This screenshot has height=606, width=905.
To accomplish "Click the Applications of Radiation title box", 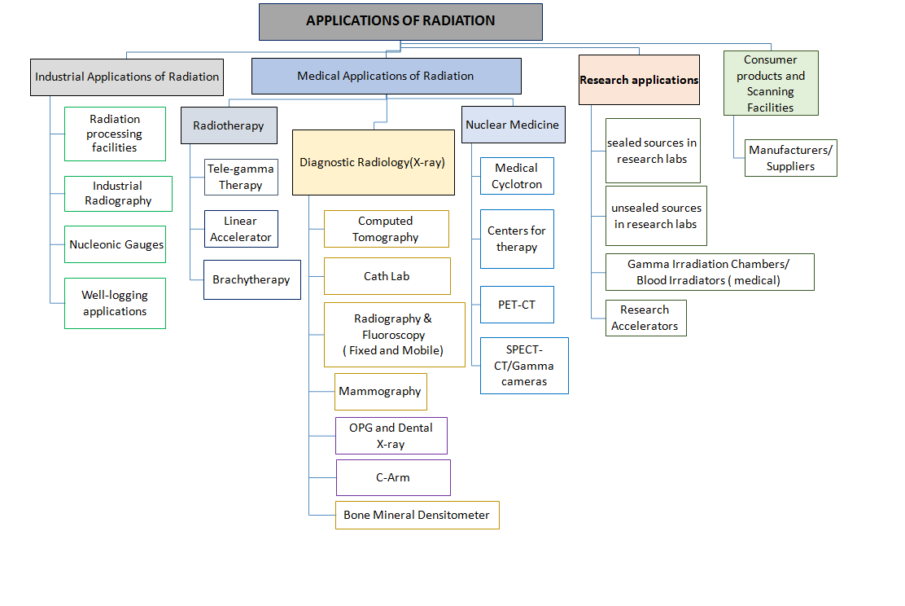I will (x=400, y=22).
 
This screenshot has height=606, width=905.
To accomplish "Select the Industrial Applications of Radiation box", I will (x=127, y=77).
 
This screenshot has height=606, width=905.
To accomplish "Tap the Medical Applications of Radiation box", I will (x=386, y=76).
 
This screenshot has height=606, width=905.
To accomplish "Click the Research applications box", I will (x=639, y=80).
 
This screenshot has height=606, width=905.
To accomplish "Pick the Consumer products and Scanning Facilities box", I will (x=770, y=83).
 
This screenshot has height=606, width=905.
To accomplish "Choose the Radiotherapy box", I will (x=229, y=125).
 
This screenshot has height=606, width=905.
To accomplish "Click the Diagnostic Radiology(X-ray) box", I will (x=373, y=162).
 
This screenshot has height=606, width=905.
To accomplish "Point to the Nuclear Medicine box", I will (x=513, y=125).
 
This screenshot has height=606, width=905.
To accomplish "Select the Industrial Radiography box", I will (x=118, y=194).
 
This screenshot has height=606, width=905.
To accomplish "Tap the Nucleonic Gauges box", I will (x=116, y=244).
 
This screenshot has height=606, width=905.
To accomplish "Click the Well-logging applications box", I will (x=115, y=304).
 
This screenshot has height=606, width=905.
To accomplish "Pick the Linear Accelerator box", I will (x=240, y=229).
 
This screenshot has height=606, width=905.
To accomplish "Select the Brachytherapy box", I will (x=251, y=279).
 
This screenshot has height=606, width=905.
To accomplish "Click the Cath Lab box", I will (x=387, y=276).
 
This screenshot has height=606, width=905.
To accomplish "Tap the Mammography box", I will (x=380, y=391).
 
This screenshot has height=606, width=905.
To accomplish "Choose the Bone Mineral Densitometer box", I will (x=417, y=515).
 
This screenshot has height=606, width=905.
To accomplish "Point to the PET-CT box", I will (x=517, y=305).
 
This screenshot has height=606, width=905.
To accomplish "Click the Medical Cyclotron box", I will (x=517, y=176).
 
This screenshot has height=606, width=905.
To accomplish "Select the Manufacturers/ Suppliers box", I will (x=790, y=158).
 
